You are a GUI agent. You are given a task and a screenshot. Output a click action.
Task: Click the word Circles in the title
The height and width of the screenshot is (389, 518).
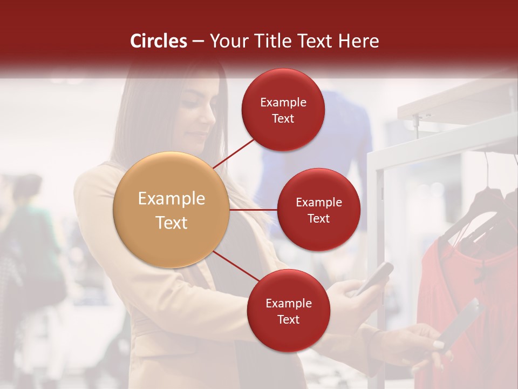158,41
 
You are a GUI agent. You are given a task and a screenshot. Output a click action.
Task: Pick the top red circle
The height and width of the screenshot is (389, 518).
283,110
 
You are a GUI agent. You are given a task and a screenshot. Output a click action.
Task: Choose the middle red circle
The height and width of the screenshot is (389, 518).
318,210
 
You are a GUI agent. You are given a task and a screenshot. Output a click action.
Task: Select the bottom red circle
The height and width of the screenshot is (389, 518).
288,311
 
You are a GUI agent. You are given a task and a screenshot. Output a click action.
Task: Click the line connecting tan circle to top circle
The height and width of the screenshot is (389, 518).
234,153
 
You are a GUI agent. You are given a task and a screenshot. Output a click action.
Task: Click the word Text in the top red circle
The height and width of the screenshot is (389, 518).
283,118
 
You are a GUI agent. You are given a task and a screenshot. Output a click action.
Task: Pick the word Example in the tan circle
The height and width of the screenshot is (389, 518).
171,199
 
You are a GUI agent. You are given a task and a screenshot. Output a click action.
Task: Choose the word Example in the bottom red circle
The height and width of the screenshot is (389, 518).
288,304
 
